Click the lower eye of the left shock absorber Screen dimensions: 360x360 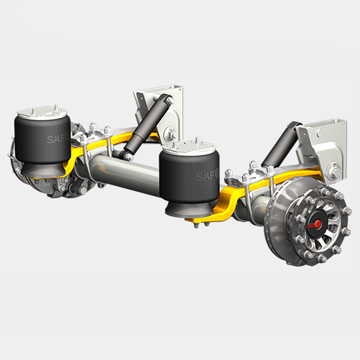(128, 154)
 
